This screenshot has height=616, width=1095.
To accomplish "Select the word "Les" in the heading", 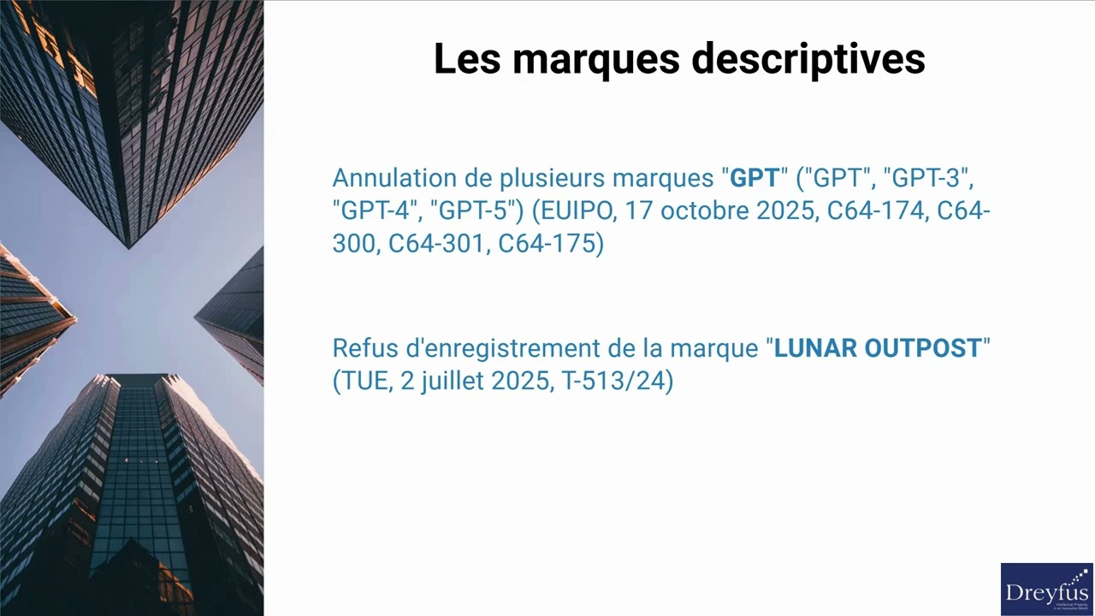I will click(467, 59).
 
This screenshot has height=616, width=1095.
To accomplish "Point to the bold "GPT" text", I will click(755, 178).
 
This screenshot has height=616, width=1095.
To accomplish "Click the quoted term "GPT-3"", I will click(927, 178).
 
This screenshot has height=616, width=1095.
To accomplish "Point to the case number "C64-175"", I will click(547, 244).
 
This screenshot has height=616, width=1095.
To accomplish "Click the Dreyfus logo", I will click(1046, 589).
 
